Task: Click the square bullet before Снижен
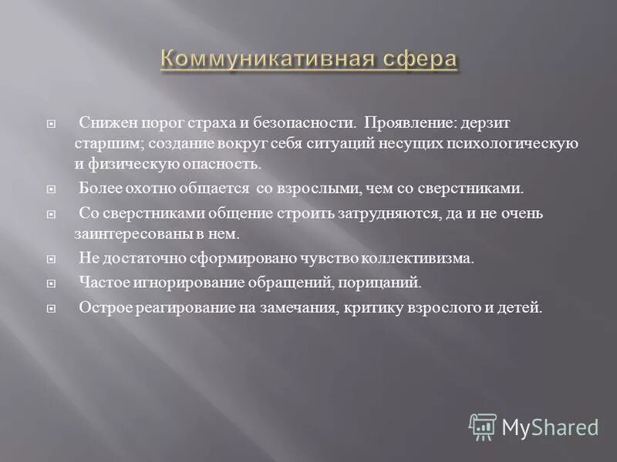point(52,123)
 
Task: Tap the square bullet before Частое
point(52,283)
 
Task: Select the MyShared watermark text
point(549,427)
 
